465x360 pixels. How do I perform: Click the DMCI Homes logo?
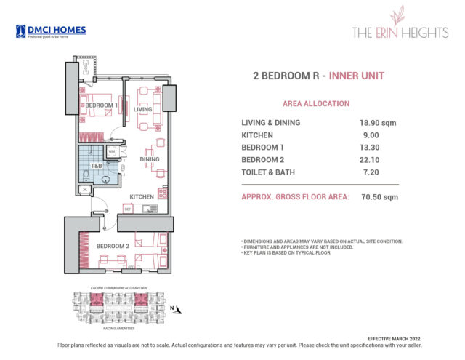50,31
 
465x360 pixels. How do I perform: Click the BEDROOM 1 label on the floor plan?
101,106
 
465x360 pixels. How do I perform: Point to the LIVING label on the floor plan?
142,110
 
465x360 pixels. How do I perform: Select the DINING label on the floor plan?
150,159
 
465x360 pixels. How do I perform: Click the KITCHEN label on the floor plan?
142,197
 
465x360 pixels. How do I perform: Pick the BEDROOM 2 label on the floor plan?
113,246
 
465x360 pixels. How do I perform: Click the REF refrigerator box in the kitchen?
128,209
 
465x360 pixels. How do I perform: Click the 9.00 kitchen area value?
368,135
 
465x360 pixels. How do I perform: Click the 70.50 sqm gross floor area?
376,197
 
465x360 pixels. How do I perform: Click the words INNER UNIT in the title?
356,76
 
